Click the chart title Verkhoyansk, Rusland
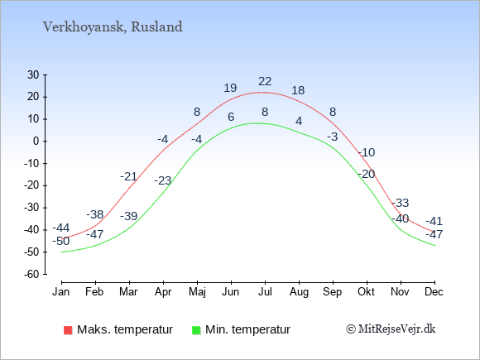(113, 27)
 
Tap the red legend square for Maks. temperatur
(68, 330)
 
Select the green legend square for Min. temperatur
(196, 330)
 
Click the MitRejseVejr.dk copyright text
(391, 329)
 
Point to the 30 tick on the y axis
(33, 74)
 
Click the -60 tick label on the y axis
(31, 274)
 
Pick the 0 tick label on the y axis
(36, 142)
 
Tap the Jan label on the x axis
(61, 292)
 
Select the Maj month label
(197, 292)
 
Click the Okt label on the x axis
(366, 292)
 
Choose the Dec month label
(434, 292)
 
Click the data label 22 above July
(265, 81)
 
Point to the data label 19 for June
(230, 89)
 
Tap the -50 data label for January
(61, 241)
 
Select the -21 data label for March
(128, 176)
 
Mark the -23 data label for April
(162, 180)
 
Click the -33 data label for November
(400, 203)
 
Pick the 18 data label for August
(298, 90)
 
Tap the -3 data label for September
(333, 137)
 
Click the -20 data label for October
(367, 174)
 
